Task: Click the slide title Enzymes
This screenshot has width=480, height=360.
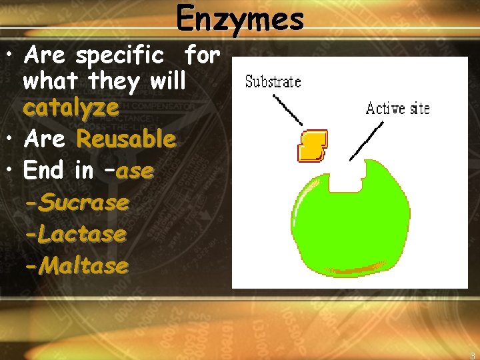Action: [240, 19]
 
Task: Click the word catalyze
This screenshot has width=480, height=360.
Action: [71, 108]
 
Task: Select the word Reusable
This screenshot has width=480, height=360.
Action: [126, 139]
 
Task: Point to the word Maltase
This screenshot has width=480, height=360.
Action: [85, 266]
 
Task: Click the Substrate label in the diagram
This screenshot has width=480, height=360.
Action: [273, 83]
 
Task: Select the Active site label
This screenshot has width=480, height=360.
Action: [398, 108]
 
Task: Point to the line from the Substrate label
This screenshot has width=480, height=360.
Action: [289, 109]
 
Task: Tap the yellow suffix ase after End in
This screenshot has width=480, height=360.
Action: [135, 171]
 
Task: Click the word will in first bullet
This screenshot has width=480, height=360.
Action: [167, 82]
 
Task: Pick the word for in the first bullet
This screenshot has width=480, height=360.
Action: [202, 55]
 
